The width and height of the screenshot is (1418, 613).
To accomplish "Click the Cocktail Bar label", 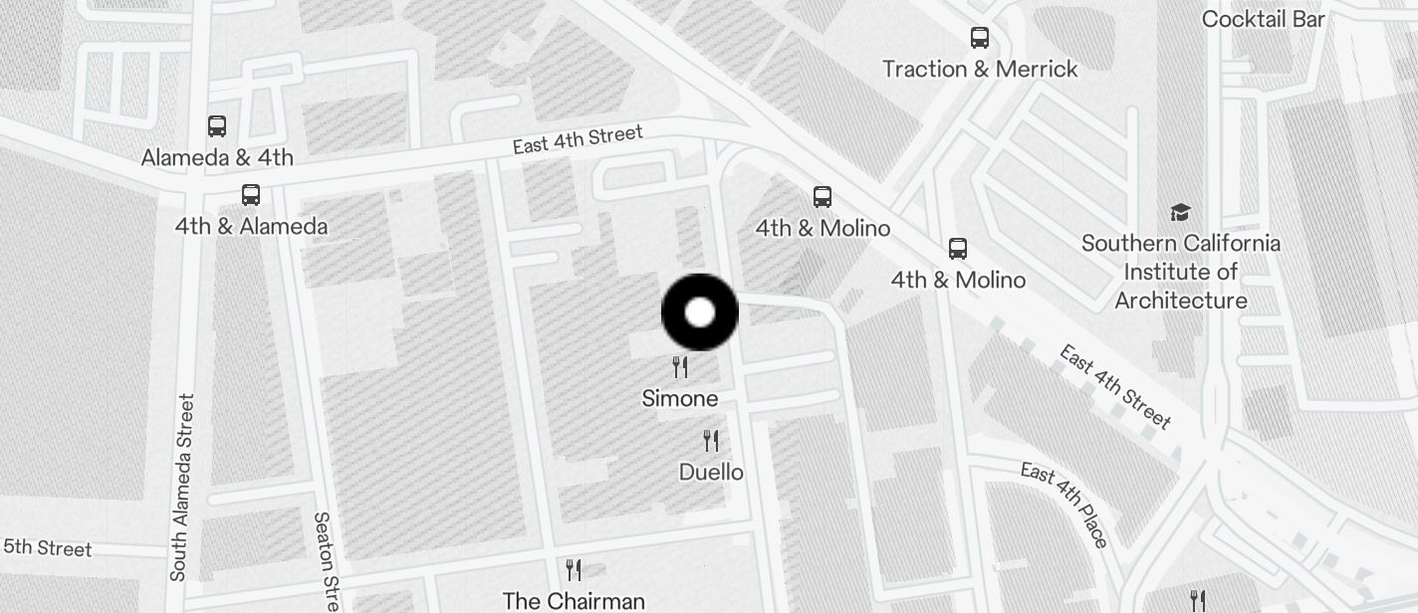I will (1264, 19).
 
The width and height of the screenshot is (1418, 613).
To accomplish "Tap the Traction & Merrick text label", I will (980, 69).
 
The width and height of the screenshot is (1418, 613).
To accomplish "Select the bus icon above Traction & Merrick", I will (980, 39).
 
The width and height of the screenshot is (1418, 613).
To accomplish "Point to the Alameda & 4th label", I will (217, 157).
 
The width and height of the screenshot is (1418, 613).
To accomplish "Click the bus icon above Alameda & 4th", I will (217, 126).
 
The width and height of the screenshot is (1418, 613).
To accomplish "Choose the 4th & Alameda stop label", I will (251, 226).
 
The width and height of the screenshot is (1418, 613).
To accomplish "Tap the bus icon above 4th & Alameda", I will (251, 195).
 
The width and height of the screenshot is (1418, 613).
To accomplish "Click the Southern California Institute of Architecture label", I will (1181, 272).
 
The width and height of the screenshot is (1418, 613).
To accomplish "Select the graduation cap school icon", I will (1180, 212).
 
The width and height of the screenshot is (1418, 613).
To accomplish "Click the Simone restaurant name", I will (680, 399).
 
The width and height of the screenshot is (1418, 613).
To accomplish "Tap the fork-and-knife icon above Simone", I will (680, 367).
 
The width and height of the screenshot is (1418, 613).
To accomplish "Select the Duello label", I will (711, 472).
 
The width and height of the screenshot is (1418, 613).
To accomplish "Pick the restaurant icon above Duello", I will (711, 440).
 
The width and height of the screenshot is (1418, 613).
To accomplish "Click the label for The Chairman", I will (574, 601).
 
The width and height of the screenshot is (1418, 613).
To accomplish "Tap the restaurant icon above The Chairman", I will (574, 569).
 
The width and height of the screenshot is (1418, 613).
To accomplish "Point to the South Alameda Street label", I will (181, 488).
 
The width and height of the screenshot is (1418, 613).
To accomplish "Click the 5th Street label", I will (47, 548).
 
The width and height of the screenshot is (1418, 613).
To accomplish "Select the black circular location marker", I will (700, 312).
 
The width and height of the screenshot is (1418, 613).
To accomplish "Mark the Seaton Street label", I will (327, 562).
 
